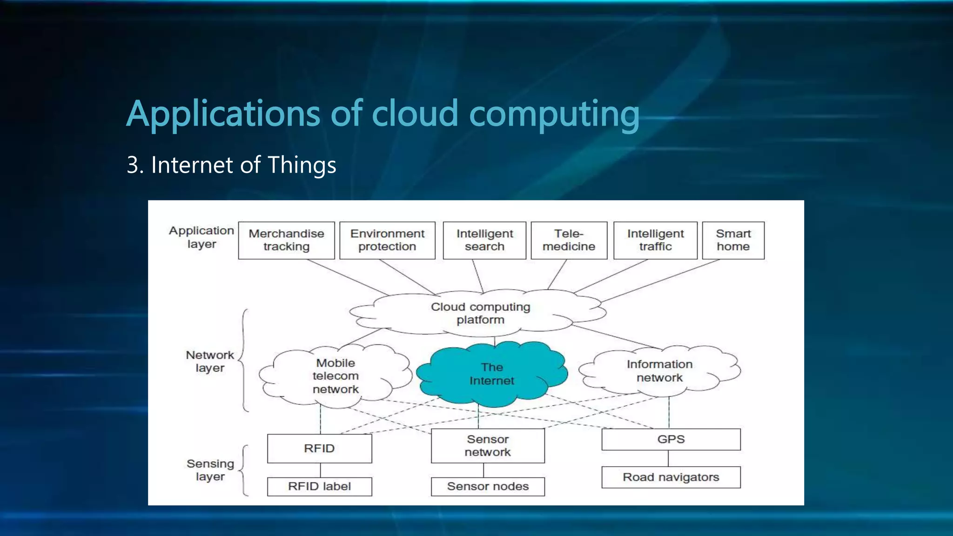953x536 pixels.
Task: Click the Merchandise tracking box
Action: (286, 240)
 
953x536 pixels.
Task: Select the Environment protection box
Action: (387, 240)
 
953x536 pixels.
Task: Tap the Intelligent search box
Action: (484, 240)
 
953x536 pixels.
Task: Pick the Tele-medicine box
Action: (569, 240)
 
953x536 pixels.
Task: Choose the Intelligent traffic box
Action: (655, 240)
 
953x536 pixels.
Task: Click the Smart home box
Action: (733, 240)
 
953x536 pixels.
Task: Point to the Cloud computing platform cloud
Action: (480, 313)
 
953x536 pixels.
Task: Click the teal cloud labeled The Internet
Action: (492, 374)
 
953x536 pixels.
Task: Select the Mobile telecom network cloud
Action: (336, 376)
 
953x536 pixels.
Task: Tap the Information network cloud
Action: (659, 371)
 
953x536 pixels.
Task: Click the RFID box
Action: (319, 449)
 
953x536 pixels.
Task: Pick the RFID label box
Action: (319, 487)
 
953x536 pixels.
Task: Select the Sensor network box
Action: (488, 446)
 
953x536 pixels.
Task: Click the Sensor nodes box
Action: (488, 487)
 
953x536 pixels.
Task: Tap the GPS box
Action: (671, 439)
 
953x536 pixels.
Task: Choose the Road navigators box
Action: (671, 477)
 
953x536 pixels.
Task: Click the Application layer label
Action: (201, 237)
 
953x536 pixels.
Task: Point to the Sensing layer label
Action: (210, 470)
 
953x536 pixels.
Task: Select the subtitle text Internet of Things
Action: (243, 165)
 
